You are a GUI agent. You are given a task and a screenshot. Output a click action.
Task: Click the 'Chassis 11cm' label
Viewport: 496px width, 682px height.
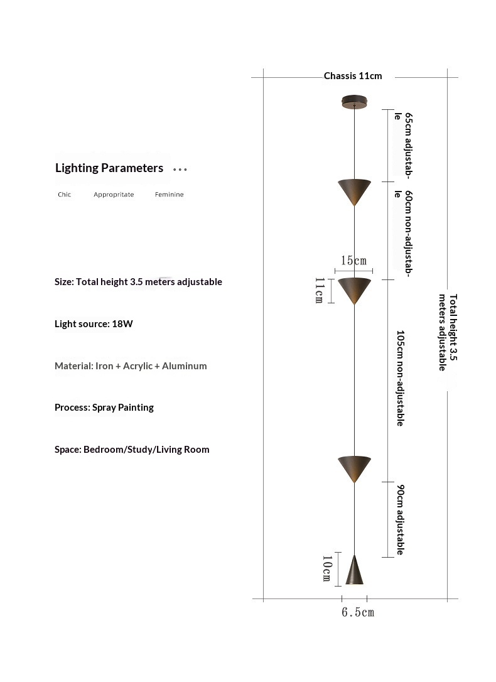(352, 76)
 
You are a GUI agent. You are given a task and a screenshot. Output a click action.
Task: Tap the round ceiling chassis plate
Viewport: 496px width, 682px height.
(355, 100)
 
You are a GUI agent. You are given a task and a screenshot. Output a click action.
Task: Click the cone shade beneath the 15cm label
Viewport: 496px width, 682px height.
(354, 289)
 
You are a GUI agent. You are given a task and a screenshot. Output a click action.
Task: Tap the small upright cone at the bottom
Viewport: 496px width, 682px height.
(354, 570)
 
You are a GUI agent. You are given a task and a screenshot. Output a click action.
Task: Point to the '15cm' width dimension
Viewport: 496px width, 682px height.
(353, 261)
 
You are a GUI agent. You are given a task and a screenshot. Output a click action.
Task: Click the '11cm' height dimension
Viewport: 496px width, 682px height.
(318, 290)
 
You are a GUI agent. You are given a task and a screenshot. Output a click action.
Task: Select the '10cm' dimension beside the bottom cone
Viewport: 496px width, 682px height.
(326, 568)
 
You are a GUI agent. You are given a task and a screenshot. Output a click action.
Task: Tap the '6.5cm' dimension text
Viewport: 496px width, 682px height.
(357, 612)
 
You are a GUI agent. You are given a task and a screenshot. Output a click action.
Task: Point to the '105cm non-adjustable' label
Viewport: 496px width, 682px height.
(400, 379)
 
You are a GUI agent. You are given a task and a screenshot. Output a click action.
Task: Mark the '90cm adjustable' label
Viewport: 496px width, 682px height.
(400, 519)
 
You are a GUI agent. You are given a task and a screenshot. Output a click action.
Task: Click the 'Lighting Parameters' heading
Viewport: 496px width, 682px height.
(109, 168)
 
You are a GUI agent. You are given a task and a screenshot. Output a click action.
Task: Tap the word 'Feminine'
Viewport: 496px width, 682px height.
(169, 195)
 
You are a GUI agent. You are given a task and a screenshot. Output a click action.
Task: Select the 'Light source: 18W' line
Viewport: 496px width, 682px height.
(94, 324)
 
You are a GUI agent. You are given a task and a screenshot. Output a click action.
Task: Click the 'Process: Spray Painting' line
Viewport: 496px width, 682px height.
(104, 408)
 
